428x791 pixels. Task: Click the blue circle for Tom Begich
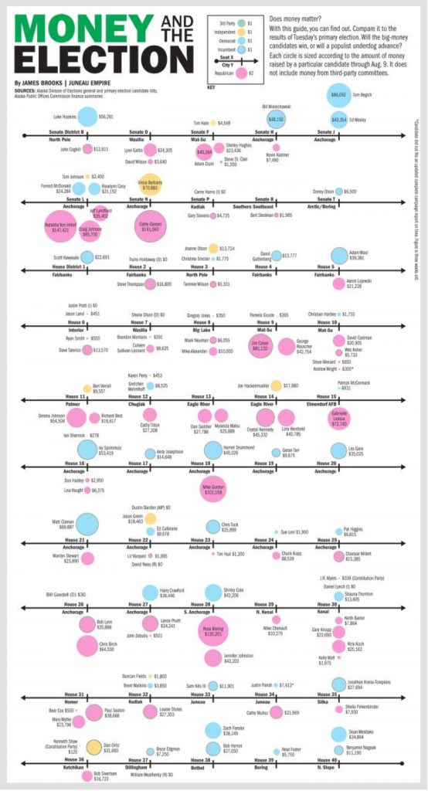338,96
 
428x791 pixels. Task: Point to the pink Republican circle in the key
241,73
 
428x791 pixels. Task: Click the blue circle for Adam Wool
338,256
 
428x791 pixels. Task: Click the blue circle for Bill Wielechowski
276,119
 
